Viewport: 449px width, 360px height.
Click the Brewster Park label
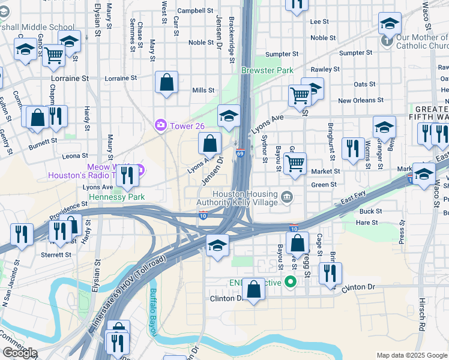[x=267, y=70]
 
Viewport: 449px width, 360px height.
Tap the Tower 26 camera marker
[x=160, y=125]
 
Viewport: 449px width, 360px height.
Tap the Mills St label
[x=203, y=91]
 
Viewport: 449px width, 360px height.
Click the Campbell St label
[x=195, y=10]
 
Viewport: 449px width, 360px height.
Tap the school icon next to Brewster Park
[x=228, y=116]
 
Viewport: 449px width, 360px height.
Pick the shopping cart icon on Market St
[x=295, y=163]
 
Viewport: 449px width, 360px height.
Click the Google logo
[x=20, y=353]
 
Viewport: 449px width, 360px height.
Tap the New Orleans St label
[x=361, y=100]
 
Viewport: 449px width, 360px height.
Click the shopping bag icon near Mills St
[x=166, y=82]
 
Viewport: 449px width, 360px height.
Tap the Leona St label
[x=75, y=155]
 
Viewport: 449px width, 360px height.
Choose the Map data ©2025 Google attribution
[x=412, y=355]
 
